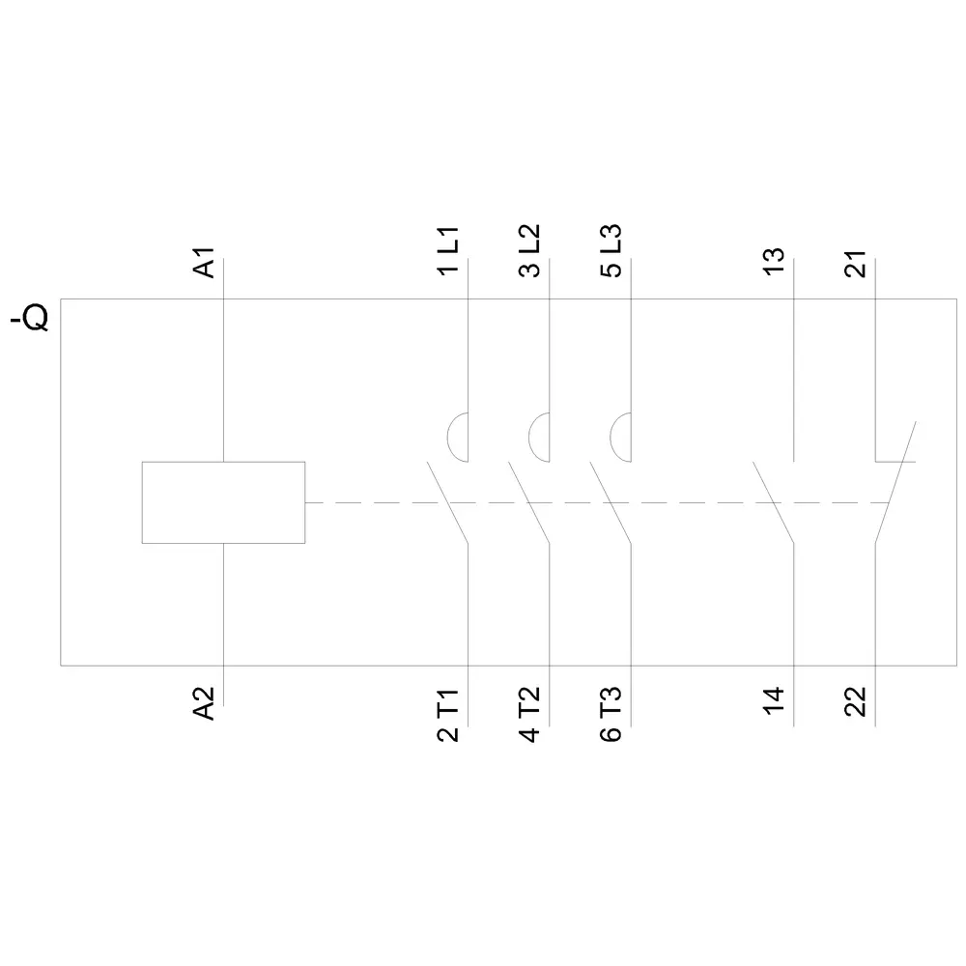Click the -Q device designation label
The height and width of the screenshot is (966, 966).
pyautogui.click(x=30, y=319)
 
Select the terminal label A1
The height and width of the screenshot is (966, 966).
pyautogui.click(x=204, y=263)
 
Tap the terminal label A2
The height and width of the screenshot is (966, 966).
pyautogui.click(x=204, y=703)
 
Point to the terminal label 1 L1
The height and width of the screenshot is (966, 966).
pyautogui.click(x=448, y=250)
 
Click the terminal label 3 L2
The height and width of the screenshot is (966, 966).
pyautogui.click(x=529, y=250)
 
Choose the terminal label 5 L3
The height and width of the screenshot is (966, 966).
pyautogui.click(x=611, y=250)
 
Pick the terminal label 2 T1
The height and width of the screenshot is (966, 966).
pyautogui.click(x=448, y=715)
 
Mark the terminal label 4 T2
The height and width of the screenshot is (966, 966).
pyautogui.click(x=529, y=715)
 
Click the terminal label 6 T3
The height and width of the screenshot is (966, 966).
pyautogui.click(x=611, y=715)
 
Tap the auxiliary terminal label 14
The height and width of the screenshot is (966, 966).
pyautogui.click(x=774, y=700)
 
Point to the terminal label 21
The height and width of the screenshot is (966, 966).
pyautogui.click(x=856, y=264)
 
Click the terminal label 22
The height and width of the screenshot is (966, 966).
pyautogui.click(x=856, y=701)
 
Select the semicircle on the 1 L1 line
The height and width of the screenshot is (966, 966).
pyautogui.click(x=448, y=438)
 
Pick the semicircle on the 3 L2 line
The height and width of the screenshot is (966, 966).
pyautogui.click(x=529, y=438)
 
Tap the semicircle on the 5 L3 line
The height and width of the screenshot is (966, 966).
pyautogui.click(x=611, y=438)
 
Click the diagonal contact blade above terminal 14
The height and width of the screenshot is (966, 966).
pyautogui.click(x=773, y=502)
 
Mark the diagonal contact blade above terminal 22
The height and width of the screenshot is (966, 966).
pyautogui.click(x=895, y=482)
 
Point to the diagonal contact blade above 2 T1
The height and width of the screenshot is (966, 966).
pyautogui.click(x=448, y=502)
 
